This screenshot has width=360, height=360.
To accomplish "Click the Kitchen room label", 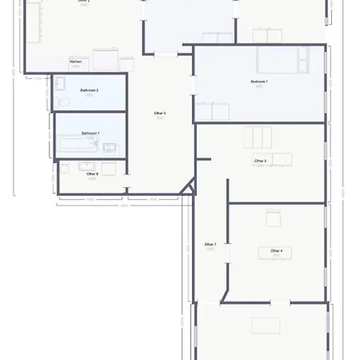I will (75, 62).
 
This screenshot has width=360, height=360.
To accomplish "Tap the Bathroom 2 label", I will (89, 90).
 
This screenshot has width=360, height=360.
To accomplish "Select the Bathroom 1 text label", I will (90, 132).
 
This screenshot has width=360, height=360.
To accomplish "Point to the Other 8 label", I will (92, 174).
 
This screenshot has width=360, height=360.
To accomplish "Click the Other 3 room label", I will (159, 114).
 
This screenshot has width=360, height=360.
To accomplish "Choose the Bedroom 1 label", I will (259, 82).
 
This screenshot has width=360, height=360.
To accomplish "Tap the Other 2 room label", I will (260, 161).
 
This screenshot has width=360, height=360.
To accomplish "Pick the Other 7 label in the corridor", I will (210, 244).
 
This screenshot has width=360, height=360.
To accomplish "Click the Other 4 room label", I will (276, 251).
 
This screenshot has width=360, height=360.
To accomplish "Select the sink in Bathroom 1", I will (109, 146).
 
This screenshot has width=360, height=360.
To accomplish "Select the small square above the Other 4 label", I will (273, 218).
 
